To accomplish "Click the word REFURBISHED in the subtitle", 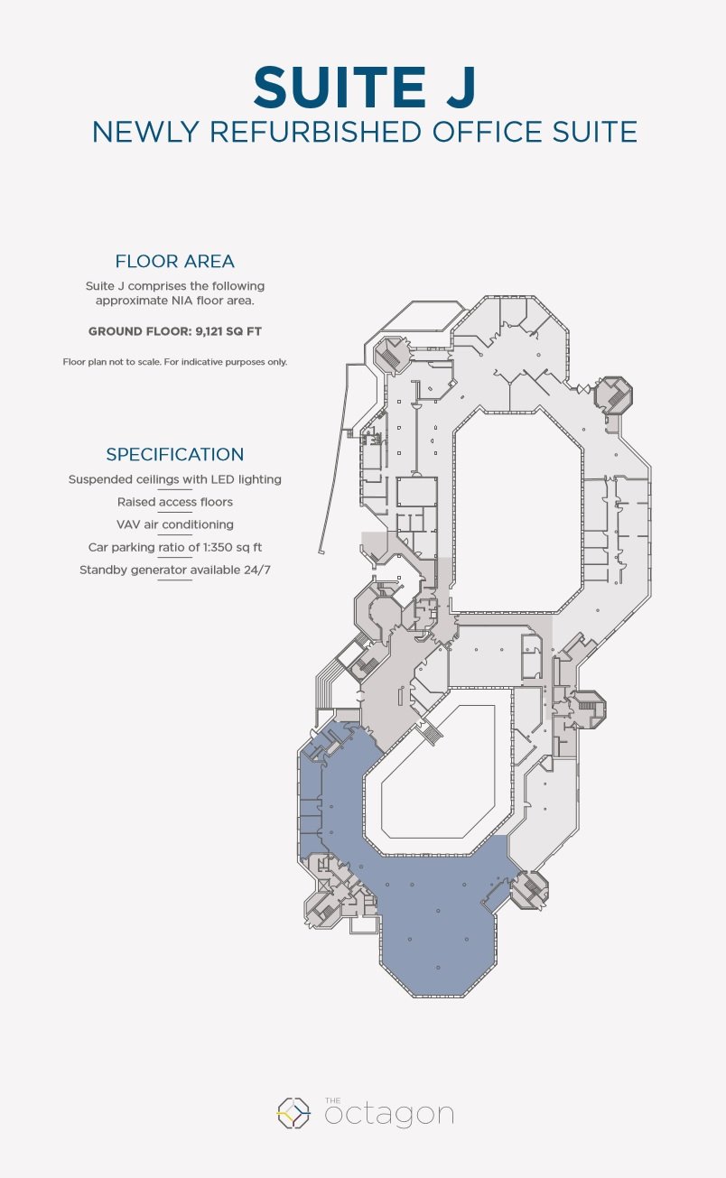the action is point(316,132).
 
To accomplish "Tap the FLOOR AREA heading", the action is point(174,262).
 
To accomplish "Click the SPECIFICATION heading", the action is point(174,454).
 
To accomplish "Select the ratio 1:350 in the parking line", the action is point(218,547).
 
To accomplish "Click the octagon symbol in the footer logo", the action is point(293,1112).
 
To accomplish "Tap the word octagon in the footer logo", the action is point(389,1115).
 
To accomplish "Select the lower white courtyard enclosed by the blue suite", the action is point(438,771).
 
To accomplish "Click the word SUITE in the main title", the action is point(340,87).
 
